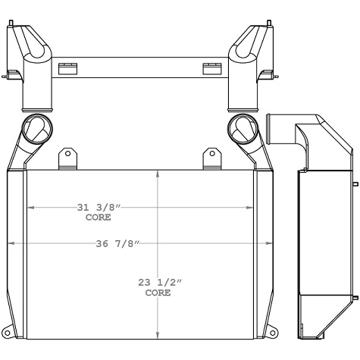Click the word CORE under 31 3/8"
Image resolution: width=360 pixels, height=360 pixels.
99,218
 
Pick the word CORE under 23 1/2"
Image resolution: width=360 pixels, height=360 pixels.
158,292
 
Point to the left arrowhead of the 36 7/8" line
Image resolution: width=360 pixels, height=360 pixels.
10,243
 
